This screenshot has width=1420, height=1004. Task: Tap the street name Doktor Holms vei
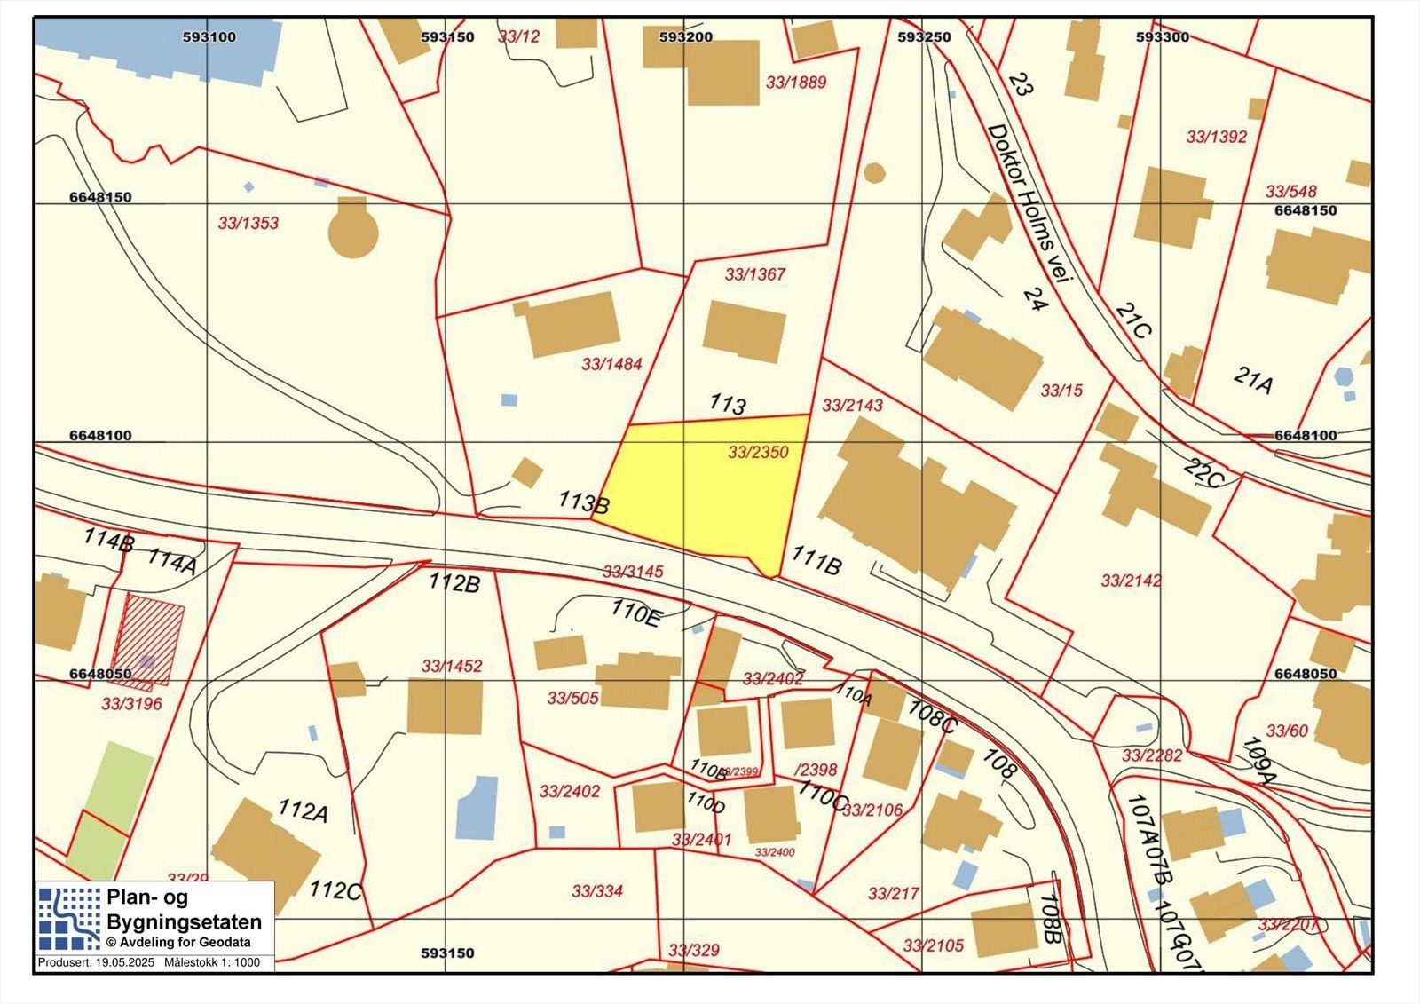point(1029,203)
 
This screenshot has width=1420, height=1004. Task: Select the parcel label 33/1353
point(248,223)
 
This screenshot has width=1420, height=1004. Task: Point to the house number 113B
point(583,502)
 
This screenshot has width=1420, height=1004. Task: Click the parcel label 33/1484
point(611,364)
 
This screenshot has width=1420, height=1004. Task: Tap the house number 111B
point(816,561)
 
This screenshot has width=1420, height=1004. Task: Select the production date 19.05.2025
point(124,962)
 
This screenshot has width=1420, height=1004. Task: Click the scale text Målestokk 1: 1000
point(212,962)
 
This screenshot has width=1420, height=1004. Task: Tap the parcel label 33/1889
point(796,83)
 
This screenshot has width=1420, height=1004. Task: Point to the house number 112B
point(454,582)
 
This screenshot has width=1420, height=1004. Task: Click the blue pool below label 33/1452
point(477,807)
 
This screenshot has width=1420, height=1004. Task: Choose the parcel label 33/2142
point(1131,581)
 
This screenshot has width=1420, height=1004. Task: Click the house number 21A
point(1253,380)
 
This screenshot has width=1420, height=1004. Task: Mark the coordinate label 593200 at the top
point(685,37)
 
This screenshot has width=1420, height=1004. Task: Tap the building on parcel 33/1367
point(745,331)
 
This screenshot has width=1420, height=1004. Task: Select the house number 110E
point(635,613)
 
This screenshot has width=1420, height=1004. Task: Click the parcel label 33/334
point(597,891)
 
